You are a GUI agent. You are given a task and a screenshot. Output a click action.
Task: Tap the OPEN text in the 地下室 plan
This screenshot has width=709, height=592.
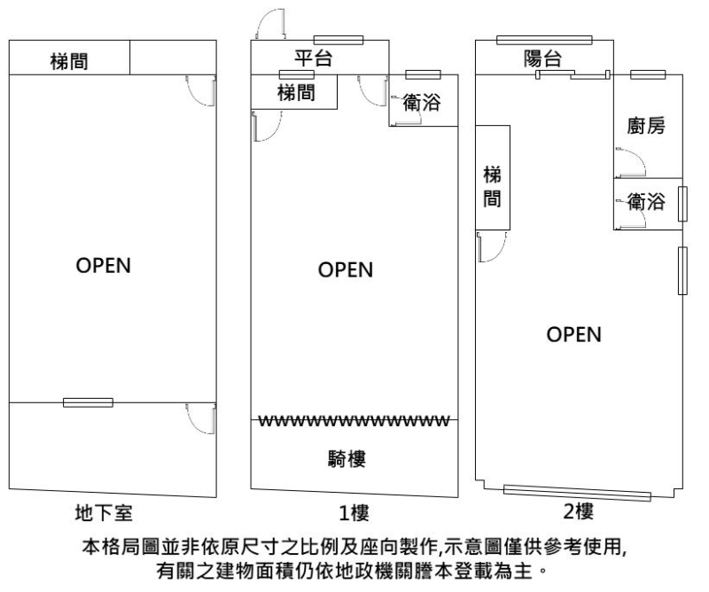pyautogui.click(x=104, y=266)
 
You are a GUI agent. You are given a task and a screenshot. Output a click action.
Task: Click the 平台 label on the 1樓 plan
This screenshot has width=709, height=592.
pyautogui.click(x=314, y=59)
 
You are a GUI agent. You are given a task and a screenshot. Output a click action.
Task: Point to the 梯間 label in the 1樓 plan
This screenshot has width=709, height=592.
pyautogui.click(x=295, y=91)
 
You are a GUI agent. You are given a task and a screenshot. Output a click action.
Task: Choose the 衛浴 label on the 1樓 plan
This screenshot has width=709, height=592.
pyautogui.click(x=421, y=102)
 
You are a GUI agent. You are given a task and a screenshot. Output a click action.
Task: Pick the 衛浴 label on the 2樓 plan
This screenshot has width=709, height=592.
pyautogui.click(x=646, y=202)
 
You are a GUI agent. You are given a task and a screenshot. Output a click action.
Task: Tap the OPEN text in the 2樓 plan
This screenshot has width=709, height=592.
pyautogui.click(x=573, y=334)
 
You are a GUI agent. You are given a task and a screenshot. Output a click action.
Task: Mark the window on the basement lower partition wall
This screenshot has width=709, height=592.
pyautogui.click(x=88, y=402)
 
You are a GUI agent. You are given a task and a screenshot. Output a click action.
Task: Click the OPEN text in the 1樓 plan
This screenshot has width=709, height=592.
pyautogui.click(x=346, y=271)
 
